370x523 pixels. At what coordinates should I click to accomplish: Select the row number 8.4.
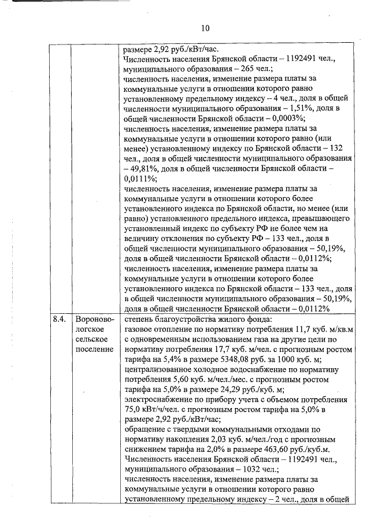point(59,318)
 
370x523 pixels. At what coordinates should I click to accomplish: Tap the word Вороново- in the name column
point(95,318)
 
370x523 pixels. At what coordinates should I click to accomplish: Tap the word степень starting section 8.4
point(139,318)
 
